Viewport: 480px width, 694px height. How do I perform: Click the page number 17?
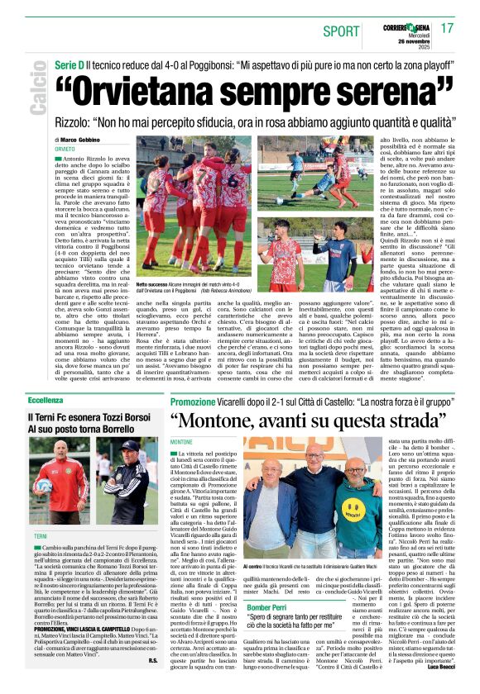click(x=447, y=27)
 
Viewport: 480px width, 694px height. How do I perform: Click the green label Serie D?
click(x=69, y=64)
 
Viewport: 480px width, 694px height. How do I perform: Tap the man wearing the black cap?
click(x=127, y=475)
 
